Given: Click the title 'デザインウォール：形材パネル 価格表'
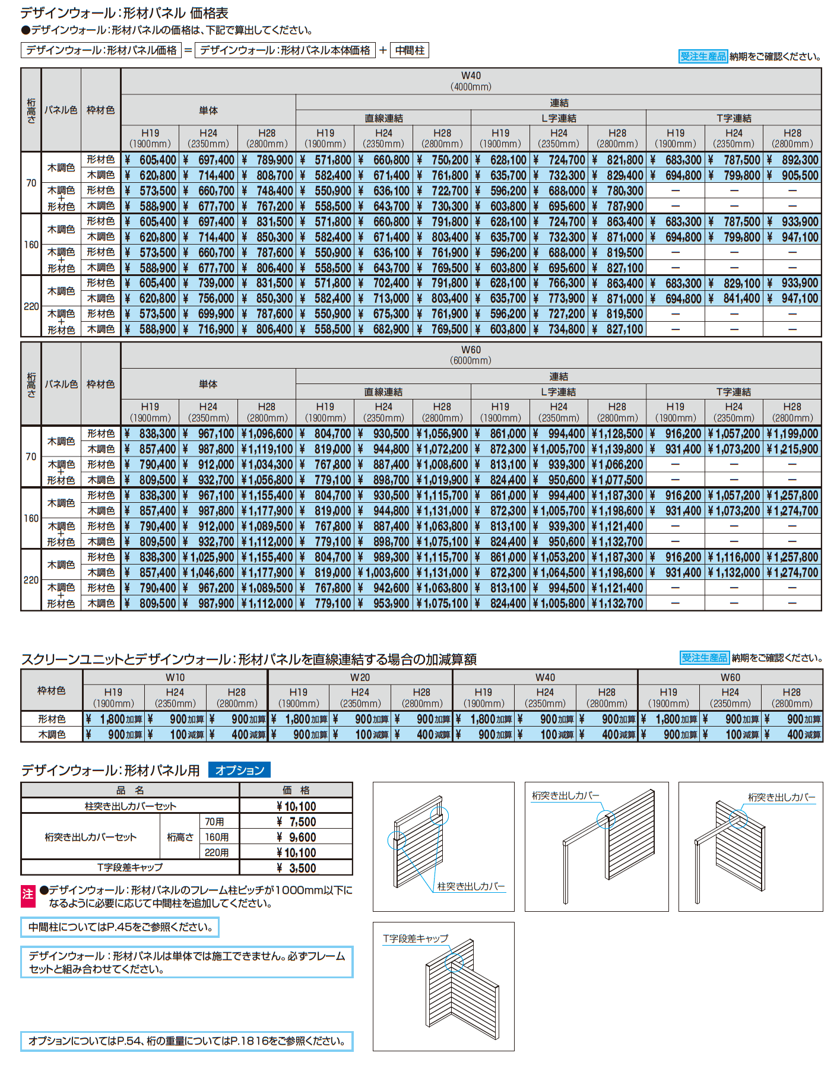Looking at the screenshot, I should (124, 13).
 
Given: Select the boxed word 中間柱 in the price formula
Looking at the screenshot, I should (410, 50).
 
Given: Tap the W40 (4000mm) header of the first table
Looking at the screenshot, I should (471, 81).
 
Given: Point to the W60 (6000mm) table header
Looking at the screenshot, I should (471, 355).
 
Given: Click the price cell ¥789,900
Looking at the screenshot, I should (267, 160).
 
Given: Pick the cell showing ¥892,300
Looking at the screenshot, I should (792, 160).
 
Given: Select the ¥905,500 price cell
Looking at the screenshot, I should (792, 176).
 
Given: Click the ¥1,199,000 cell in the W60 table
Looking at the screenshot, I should (792, 434).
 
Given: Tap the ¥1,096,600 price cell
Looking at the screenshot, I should (267, 434).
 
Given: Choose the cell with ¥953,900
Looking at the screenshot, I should (384, 604).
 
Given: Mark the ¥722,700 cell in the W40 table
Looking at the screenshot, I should (442, 191).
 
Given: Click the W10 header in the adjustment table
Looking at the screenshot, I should (175, 677).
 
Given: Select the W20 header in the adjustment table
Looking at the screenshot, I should (360, 677).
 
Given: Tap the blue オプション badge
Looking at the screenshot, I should (240, 770).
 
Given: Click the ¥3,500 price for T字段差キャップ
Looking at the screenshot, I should (296, 868).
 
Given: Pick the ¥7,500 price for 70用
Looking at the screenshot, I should (296, 822).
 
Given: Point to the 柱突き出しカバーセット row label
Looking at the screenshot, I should (130, 806).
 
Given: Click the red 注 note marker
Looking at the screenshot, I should (28, 896).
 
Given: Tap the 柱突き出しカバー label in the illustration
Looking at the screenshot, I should (471, 886).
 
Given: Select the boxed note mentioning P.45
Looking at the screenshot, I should (120, 927).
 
